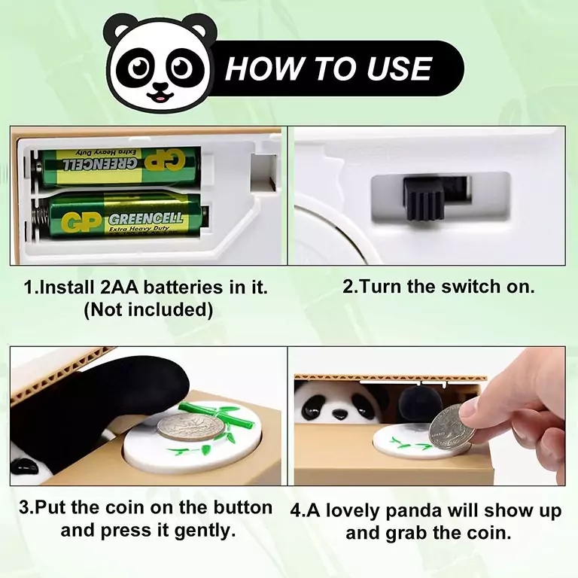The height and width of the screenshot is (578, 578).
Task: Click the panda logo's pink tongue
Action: [160, 99]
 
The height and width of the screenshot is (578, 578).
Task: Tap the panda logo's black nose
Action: [160, 87]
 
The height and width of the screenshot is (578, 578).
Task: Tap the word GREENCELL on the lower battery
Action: [146, 218]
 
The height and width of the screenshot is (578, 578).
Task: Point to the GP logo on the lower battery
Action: [81, 222]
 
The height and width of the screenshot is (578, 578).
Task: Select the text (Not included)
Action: [148, 309]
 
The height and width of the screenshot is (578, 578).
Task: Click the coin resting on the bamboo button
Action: [190, 427]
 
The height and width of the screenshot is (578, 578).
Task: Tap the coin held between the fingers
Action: [450, 427]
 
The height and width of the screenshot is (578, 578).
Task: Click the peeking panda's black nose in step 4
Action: [339, 415]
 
